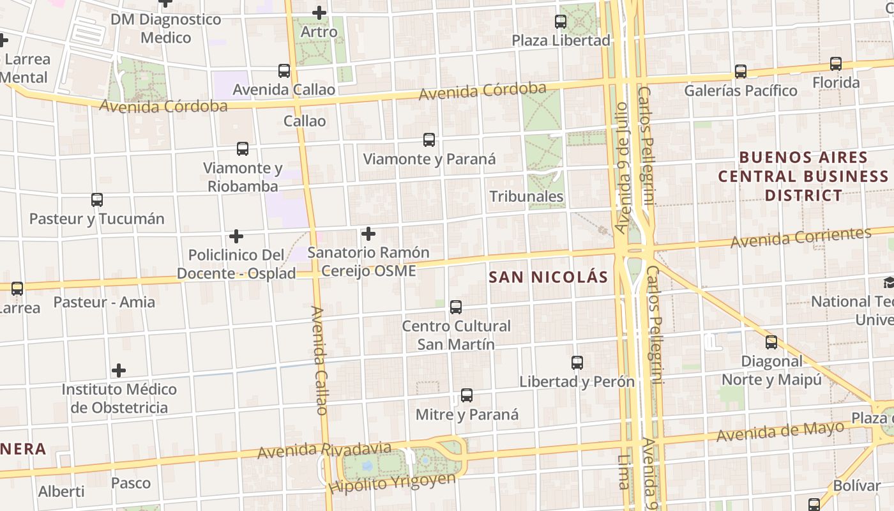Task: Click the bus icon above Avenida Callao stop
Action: pyautogui.click(x=284, y=71)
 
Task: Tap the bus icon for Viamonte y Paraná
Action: pyautogui.click(x=429, y=140)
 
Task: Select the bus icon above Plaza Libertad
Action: pyautogui.click(x=561, y=22)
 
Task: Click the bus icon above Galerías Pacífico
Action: pyautogui.click(x=741, y=72)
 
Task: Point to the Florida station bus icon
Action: pyautogui.click(x=836, y=64)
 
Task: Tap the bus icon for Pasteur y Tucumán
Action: pyautogui.click(x=97, y=200)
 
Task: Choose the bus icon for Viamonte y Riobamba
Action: pyautogui.click(x=243, y=149)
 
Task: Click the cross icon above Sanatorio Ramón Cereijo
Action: pyautogui.click(x=368, y=234)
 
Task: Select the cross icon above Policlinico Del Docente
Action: pyautogui.click(x=236, y=236)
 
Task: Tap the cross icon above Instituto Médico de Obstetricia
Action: pyautogui.click(x=119, y=370)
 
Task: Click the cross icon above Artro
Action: pyautogui.click(x=319, y=13)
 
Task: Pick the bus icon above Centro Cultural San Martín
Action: pyautogui.click(x=456, y=307)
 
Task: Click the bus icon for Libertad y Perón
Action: pyautogui.click(x=577, y=363)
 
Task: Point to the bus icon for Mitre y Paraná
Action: pyautogui.click(x=467, y=395)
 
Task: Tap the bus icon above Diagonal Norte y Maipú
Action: pyautogui.click(x=771, y=342)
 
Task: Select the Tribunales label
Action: pyautogui.click(x=527, y=196)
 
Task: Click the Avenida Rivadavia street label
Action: pyautogui.click(x=324, y=450)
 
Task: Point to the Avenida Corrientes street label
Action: pyautogui.click(x=801, y=238)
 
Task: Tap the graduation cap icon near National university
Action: pyautogui.click(x=889, y=283)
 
